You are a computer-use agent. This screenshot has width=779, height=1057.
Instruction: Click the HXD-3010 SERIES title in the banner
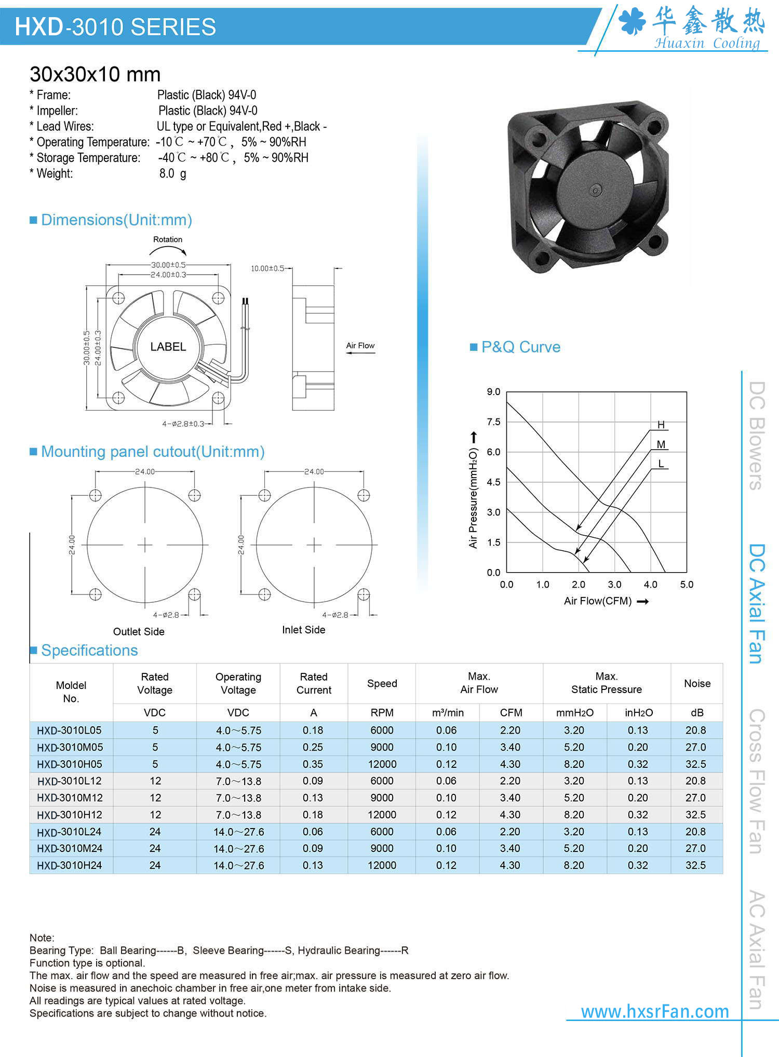(115, 26)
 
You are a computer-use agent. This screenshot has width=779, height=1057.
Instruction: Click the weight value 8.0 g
(172, 173)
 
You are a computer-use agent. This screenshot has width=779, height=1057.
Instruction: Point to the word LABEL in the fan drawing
(168, 347)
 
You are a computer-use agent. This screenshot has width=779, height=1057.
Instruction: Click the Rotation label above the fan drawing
(168, 239)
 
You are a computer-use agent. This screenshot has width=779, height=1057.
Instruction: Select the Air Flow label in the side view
(360, 346)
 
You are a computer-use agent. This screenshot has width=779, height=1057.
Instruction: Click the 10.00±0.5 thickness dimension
(268, 268)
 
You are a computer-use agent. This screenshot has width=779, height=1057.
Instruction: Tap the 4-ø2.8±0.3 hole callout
(183, 424)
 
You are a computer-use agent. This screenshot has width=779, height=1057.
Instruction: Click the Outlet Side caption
(139, 631)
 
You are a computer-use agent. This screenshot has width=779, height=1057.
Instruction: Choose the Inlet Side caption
(304, 630)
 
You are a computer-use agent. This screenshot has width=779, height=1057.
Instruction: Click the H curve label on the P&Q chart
(661, 425)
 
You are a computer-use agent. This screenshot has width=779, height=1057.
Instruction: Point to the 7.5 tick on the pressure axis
(493, 422)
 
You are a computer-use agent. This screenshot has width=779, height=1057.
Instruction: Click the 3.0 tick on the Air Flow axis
(614, 585)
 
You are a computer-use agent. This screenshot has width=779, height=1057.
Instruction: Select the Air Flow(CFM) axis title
(598, 601)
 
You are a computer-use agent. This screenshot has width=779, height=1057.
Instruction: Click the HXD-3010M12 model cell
(70, 797)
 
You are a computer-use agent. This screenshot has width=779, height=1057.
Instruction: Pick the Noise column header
(697, 683)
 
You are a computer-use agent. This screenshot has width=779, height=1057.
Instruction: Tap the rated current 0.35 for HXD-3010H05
(313, 764)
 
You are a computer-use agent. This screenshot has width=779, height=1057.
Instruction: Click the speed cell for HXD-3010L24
(382, 832)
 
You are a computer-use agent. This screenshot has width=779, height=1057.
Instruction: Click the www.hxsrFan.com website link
(655, 1011)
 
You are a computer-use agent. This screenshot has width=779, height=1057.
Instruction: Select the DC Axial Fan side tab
(757, 603)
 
